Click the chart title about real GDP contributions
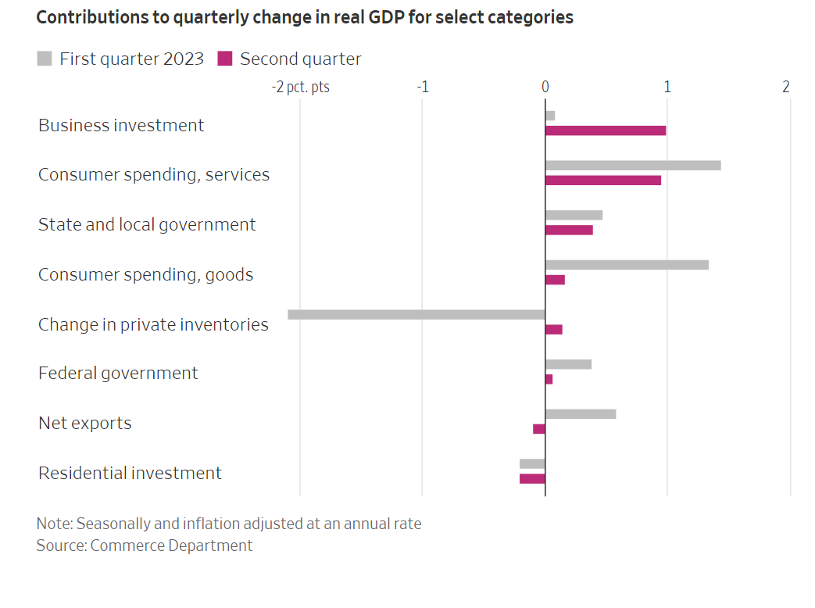[x=305, y=18]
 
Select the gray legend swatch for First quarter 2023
[x=45, y=59]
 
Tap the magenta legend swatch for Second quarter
[x=225, y=59]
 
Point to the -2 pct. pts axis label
[x=300, y=87]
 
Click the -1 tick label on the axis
[x=422, y=87]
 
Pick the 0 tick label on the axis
[x=545, y=87]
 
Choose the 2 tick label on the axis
[x=786, y=87]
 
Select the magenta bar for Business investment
[x=606, y=131]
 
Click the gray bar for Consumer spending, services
[x=633, y=166]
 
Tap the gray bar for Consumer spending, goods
[x=627, y=265]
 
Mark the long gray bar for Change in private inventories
[x=416, y=315]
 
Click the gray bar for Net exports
[x=581, y=414]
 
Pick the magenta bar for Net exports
[x=539, y=429]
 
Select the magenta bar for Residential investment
[x=532, y=478]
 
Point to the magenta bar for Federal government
[x=549, y=379]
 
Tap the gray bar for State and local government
[x=574, y=215]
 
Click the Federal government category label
[x=118, y=374]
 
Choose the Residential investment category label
[x=130, y=474]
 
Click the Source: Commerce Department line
[x=144, y=545]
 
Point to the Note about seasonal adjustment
[x=228, y=524]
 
